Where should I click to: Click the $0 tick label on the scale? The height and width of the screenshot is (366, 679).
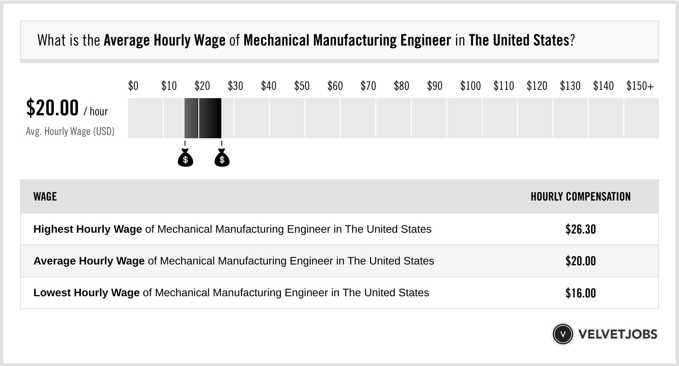click(133, 86)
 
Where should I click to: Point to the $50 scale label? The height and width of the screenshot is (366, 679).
click(302, 86)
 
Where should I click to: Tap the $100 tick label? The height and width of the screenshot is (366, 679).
click(470, 86)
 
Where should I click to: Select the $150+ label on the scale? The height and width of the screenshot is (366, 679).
click(640, 86)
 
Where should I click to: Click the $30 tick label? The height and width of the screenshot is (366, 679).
click(235, 86)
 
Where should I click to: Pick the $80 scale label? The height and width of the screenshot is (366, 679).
click(401, 86)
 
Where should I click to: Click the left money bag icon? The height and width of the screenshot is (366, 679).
click(185, 158)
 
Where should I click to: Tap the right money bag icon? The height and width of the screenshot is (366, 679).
click(222, 158)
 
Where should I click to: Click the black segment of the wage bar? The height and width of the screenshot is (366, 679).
click(210, 118)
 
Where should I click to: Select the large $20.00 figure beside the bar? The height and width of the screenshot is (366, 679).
click(52, 108)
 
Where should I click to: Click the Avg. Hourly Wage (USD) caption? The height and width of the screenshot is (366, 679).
click(70, 131)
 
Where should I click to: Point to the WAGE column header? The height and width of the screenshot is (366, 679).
click(45, 197)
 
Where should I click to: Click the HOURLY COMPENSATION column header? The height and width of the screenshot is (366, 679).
click(580, 197)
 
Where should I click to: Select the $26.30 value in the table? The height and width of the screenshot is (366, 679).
click(580, 229)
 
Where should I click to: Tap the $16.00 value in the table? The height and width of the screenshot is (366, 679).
click(580, 293)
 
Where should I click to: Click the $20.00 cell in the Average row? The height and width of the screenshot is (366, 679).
click(580, 261)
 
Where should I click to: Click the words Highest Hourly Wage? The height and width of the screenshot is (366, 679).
click(88, 229)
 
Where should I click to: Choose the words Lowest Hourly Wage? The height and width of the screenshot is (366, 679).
click(86, 293)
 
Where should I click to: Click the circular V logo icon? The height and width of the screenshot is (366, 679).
click(562, 334)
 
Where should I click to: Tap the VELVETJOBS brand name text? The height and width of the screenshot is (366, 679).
click(618, 334)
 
